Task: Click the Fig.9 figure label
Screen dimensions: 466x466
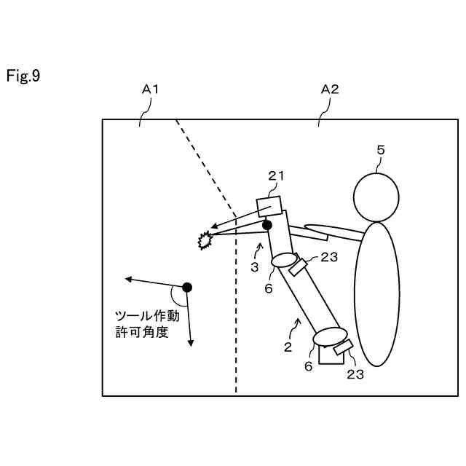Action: tap(23, 76)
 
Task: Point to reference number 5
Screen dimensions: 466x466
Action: tap(380, 150)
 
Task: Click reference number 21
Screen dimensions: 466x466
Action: tap(277, 175)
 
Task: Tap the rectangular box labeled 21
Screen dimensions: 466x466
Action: tap(269, 207)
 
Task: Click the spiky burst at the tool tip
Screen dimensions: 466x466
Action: tap(205, 240)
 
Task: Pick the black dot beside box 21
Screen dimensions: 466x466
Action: tap(267, 226)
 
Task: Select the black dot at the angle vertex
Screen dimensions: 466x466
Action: tap(187, 287)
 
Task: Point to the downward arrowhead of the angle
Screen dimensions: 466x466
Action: tap(191, 341)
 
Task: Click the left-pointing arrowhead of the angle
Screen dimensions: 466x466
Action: tap(128, 279)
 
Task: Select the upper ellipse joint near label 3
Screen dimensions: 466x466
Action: tap(284, 260)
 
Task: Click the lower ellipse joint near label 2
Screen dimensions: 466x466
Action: tap(330, 337)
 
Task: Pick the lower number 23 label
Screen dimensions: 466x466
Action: tap(355, 374)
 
